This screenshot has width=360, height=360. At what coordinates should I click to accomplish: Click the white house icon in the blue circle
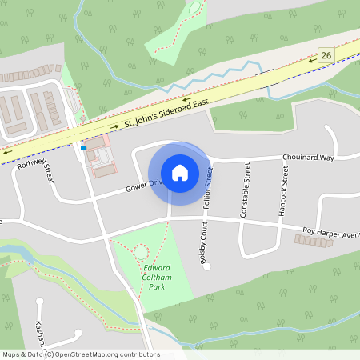[179, 172]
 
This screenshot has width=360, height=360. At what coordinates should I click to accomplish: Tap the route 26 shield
[325, 54]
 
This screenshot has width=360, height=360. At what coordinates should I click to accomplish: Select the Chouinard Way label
[307, 158]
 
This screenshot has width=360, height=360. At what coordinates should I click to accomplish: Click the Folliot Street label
[207, 187]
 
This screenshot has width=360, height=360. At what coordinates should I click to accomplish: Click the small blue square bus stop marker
[82, 147]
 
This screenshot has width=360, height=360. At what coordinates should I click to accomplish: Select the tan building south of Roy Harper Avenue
[314, 242]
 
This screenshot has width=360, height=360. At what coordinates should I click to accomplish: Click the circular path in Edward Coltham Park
[142, 253]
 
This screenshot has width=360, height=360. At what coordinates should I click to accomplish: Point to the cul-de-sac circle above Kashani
[39, 302]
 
